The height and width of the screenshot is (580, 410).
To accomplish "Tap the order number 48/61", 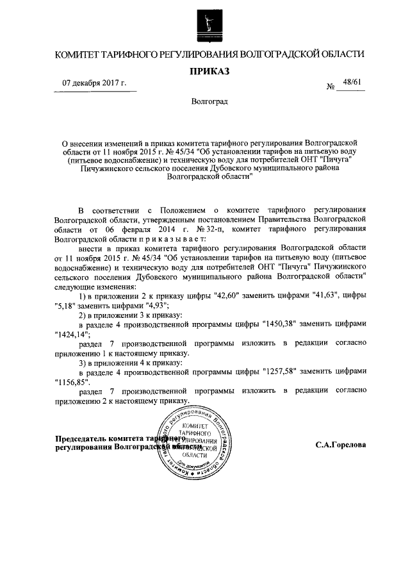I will pyautogui.click(x=352, y=81).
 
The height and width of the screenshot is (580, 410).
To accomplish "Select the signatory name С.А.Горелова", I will pyautogui.click(x=341, y=443).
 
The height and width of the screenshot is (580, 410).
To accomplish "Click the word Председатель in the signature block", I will pyautogui.click(x=81, y=438).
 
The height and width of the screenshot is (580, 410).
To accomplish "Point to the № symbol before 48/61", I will pyautogui.click(x=331, y=86).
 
